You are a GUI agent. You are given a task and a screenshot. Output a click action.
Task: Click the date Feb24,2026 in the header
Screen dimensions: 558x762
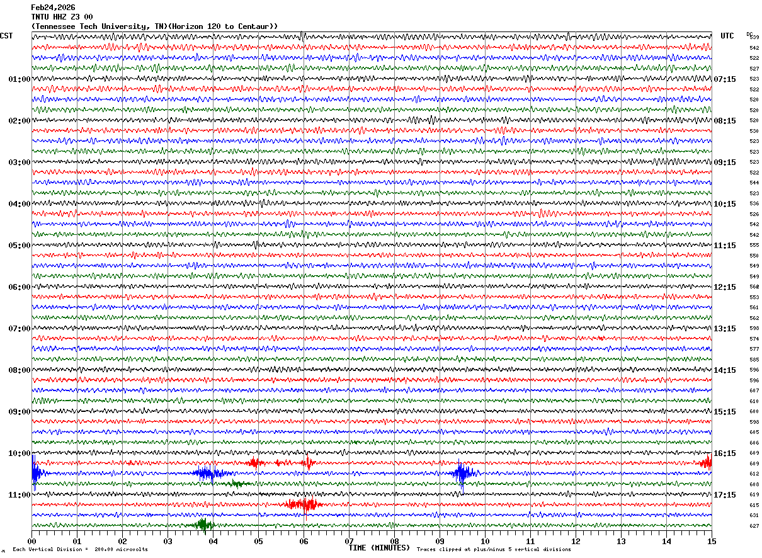[x=53, y=8]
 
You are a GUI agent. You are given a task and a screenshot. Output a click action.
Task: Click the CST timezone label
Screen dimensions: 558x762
[x=6, y=36]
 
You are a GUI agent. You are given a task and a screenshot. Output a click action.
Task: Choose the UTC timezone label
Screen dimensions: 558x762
[x=727, y=36]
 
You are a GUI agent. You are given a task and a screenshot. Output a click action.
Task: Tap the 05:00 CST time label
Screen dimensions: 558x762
[x=19, y=246]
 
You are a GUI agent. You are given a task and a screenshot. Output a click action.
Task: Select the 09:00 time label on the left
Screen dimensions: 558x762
[x=19, y=412]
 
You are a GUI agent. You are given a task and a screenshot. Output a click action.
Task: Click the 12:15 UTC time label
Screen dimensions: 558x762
[x=724, y=287]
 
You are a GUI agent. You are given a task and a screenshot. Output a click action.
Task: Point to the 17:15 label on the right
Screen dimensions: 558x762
[x=724, y=495]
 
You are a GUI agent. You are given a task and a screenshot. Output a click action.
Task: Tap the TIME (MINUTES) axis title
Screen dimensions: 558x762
[x=379, y=548]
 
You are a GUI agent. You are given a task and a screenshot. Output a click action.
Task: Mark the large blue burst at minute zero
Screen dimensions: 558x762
[x=35, y=472]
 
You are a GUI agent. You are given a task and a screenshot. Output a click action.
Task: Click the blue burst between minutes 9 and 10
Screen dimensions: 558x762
[x=463, y=473]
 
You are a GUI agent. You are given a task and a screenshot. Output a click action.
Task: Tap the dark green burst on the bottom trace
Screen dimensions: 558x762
[x=203, y=525]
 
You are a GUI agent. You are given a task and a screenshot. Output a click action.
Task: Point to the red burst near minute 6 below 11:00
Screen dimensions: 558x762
[x=304, y=504]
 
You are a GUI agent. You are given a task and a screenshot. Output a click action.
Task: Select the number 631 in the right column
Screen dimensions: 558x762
[x=754, y=515]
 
